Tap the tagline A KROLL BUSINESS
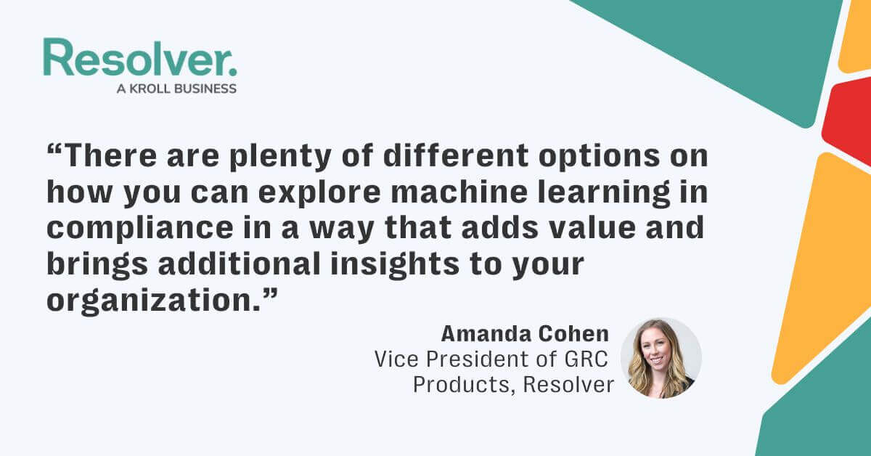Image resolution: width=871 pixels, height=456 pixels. click(x=176, y=89)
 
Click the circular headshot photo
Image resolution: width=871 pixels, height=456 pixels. click(x=661, y=358)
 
